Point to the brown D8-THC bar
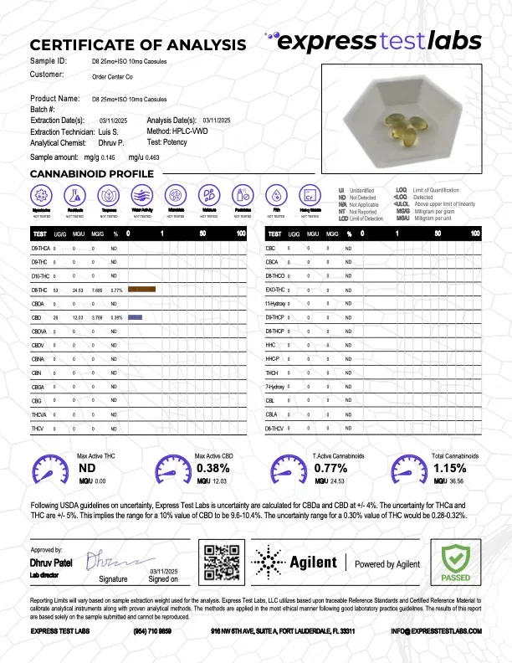click(x=142, y=289)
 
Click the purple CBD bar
click(x=135, y=318)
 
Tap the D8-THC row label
click(x=38, y=289)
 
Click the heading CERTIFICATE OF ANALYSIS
click(x=138, y=44)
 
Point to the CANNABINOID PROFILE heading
click(x=91, y=173)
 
